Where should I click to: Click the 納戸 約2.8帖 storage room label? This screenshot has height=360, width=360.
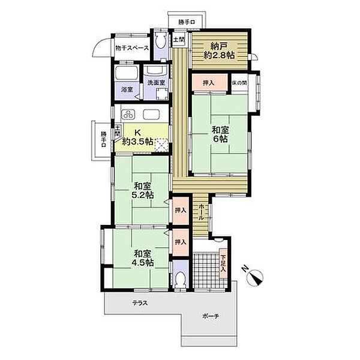coord(219,51)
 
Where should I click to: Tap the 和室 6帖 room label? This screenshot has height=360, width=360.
coord(220,134)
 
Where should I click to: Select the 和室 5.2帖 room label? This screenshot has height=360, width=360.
coord(142,190)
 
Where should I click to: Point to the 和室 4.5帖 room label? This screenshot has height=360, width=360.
coord(142,258)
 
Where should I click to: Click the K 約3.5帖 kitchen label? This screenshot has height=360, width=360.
coord(137,137)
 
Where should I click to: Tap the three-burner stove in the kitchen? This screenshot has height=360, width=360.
coord(128,114)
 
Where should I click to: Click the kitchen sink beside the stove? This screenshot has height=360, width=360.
coord(152,114)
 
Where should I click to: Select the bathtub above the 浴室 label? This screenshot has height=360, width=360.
coord(126,73)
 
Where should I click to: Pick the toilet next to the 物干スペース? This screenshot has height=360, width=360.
coord(160,41)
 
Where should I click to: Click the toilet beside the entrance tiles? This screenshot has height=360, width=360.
coord(180,278)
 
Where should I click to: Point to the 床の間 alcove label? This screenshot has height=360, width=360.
coord(239,83)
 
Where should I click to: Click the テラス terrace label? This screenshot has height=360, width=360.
coord(140,303)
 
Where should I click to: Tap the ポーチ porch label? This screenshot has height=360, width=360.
coord(211,316)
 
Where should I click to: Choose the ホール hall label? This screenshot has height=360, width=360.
coord(200,212)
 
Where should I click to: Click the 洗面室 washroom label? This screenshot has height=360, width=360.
coord(157,83)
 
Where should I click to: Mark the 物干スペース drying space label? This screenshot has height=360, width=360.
coord(132,48)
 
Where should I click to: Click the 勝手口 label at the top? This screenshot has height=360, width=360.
coord(187,22)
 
